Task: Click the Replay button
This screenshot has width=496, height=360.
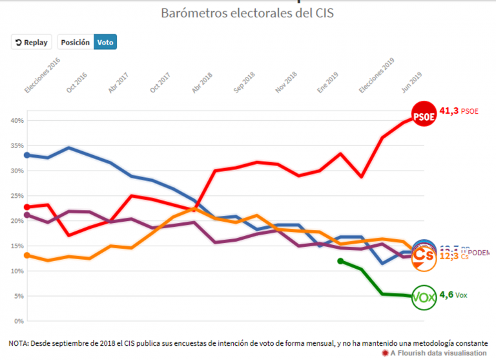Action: pos(31,42)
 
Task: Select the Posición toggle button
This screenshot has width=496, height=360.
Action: pos(76,42)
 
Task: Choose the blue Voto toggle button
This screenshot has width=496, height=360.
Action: pos(105,42)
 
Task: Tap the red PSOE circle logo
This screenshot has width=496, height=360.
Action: pos(424,115)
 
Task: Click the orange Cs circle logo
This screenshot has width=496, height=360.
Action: pos(424,256)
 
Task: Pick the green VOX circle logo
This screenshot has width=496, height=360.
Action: pos(424,297)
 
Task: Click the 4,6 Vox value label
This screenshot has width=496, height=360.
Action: pos(453,295)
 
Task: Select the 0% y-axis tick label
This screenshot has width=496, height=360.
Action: pos(19,321)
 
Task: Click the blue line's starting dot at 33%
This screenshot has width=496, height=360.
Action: pos(27,155)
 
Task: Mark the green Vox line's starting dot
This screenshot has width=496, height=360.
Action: pos(340,261)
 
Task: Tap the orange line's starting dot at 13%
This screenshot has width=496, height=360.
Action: pos(27,255)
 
